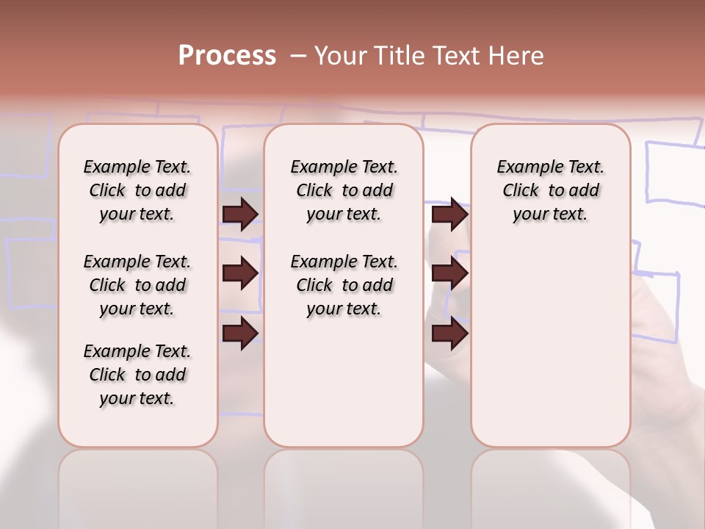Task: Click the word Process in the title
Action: pyautogui.click(x=227, y=56)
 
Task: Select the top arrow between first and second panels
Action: pyautogui.click(x=240, y=214)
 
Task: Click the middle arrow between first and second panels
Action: pyautogui.click(x=240, y=273)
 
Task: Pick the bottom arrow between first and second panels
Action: pyautogui.click(x=240, y=333)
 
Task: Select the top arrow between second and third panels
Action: pyautogui.click(x=449, y=214)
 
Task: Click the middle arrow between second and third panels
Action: pyautogui.click(x=449, y=273)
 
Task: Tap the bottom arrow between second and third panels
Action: pyautogui.click(x=449, y=333)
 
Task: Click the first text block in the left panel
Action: pyautogui.click(x=137, y=190)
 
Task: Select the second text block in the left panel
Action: pyautogui.click(x=137, y=285)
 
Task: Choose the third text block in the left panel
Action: pyautogui.click(x=137, y=375)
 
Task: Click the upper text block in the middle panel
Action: pyautogui.click(x=344, y=190)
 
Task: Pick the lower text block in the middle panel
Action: pyautogui.click(x=344, y=285)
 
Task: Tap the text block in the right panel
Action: pyautogui.click(x=551, y=190)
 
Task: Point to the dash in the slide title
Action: pyautogui.click(x=298, y=56)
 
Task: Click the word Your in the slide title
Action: pyautogui.click(x=340, y=56)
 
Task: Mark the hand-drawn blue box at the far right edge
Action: pyautogui.click(x=674, y=171)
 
